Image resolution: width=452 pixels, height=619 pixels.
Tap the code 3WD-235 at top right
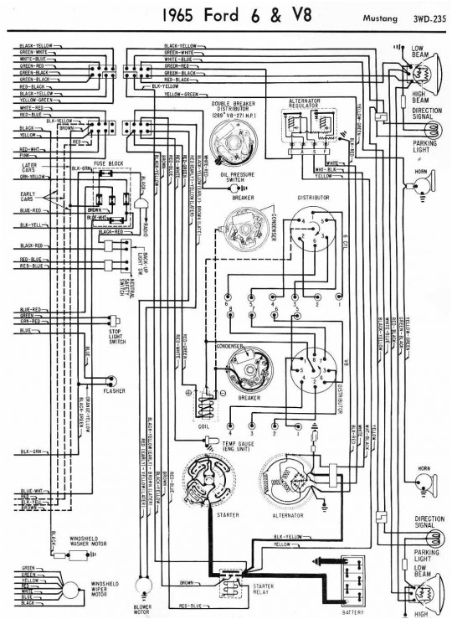pyautogui.click(x=426, y=16)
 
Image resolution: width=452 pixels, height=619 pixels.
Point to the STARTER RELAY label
pyautogui.click(x=255, y=589)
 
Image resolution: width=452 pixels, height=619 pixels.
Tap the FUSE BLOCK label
pyautogui.click(x=109, y=161)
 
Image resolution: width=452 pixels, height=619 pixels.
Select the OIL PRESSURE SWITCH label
pyautogui.click(x=238, y=178)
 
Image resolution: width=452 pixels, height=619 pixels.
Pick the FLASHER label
pyautogui.click(x=114, y=391)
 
